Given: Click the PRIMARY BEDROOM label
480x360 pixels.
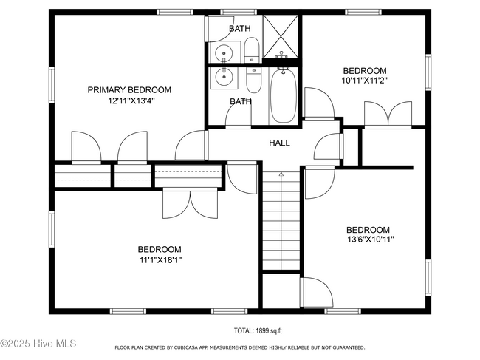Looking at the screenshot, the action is coord(129,90).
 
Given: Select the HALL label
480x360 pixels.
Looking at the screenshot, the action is coord(279,143).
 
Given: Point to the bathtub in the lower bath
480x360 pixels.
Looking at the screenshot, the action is coord(283,95).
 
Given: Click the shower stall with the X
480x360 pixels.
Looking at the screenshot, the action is coord(281,36).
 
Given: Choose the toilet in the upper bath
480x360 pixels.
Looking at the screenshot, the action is coord(253,50).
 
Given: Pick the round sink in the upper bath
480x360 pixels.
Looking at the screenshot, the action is coord(224,53).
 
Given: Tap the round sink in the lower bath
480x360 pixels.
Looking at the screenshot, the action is coord(224,77).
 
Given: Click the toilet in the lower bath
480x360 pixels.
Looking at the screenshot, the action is coord(254,81).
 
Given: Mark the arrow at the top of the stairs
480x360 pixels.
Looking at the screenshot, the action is coord(281,174).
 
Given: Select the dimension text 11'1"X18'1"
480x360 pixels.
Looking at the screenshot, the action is coord(161,260).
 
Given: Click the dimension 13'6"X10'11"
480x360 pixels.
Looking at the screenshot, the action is coord(371,240).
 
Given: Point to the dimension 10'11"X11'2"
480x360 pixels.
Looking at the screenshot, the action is coord(365,81).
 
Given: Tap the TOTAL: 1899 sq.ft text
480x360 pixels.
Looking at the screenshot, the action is coord(258,331).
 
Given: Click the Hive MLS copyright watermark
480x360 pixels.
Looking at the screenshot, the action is coord(38,344).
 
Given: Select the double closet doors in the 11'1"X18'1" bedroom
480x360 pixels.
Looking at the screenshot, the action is coord(190,203).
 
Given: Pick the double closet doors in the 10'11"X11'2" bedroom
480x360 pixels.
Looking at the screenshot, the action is coord(388,114).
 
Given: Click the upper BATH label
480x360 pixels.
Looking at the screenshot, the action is coord(240,29).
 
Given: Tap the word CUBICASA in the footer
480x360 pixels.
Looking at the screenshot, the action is coord(187,347).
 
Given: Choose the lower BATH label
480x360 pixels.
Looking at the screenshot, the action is coord(241,101).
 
